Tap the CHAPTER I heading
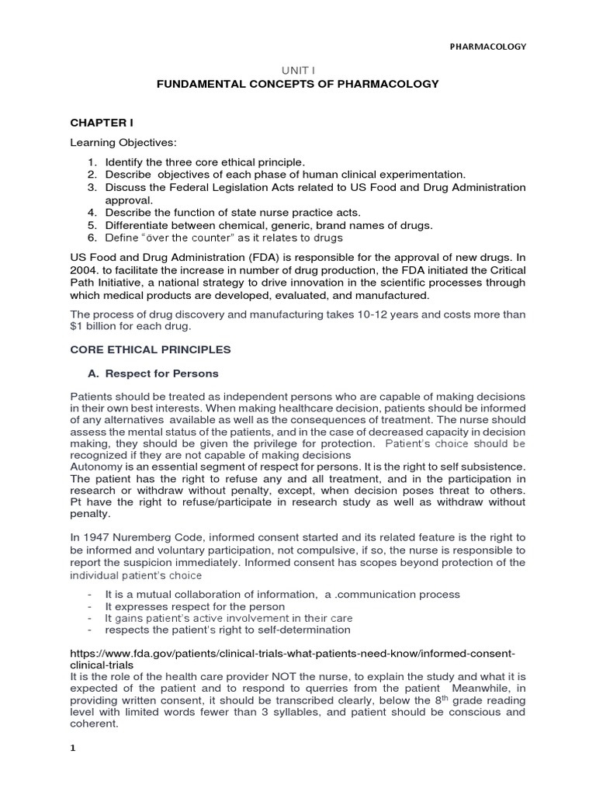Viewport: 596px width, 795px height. point(98,122)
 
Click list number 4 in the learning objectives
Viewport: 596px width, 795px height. point(91,213)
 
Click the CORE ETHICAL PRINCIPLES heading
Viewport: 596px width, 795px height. point(150,350)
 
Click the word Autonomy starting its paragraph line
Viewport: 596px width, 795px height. point(96,466)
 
